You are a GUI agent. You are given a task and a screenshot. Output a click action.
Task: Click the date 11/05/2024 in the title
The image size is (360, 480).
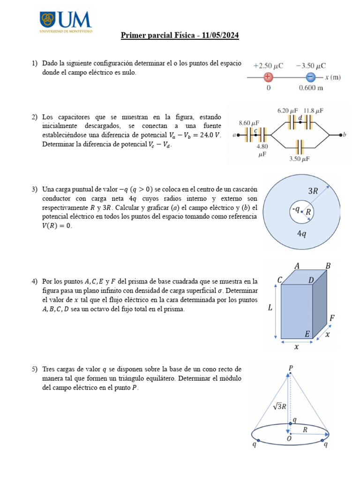pos(218,36)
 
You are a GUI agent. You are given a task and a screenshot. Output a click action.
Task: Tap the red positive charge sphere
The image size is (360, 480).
pos(268,77)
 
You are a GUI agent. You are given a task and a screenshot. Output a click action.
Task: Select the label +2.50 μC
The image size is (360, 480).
pos(268,66)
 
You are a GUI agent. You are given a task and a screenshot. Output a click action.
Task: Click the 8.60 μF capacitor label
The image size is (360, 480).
pos(249,123)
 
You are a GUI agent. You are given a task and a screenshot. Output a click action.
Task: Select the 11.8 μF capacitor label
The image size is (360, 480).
pos(313,111)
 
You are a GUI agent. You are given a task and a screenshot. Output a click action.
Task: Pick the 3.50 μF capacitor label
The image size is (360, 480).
pos(299,159)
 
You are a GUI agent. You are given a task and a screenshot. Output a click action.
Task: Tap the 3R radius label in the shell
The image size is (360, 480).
pos(313,191)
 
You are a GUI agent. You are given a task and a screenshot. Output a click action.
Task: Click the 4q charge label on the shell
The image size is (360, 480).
pos(301,233)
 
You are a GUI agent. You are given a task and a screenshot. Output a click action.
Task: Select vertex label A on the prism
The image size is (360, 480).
pos(297,266)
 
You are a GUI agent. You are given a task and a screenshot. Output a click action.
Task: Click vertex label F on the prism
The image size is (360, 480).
pos(331,318)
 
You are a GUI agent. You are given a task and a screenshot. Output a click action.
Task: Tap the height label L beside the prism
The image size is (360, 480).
pos(270,308)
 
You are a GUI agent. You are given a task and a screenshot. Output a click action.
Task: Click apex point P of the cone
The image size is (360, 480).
pos(291,368)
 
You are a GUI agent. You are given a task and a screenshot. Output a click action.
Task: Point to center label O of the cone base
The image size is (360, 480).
pos(289,438)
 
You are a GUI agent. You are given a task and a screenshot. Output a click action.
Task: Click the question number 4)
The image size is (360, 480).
pos(35,281)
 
